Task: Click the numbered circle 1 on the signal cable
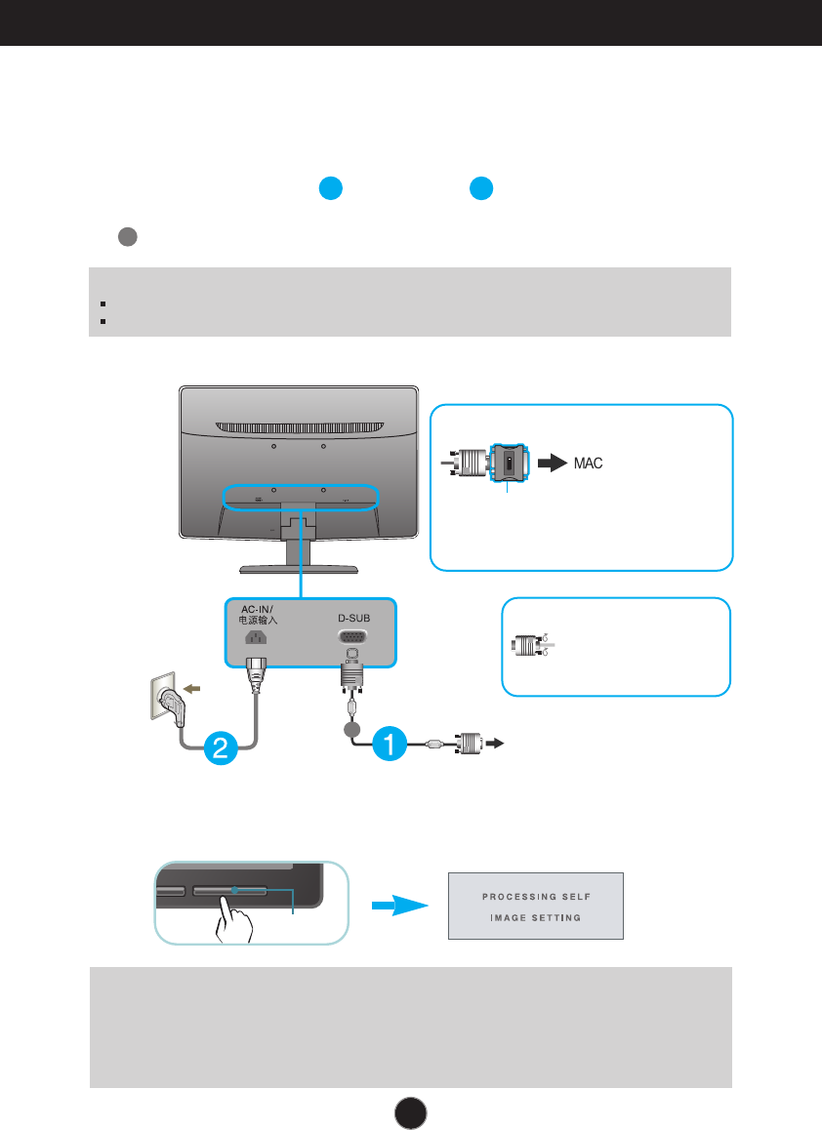pos(390,744)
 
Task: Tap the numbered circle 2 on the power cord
pos(221,747)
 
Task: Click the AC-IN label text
pos(258,610)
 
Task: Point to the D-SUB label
pos(354,619)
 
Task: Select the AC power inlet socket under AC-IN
pos(256,637)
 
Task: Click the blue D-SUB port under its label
pos(352,636)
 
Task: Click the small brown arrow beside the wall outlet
pos(191,689)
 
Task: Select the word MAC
pos(589,464)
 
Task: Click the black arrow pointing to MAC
pos(554,463)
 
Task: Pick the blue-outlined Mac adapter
pos(509,463)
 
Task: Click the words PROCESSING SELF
pos(537,897)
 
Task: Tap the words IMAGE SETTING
pos(536,917)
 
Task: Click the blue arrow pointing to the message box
pos(400,906)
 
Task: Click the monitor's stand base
pos(299,569)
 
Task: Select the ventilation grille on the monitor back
pos(300,428)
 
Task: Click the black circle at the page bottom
pos(410,1113)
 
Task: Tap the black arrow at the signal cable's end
pos(495,743)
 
